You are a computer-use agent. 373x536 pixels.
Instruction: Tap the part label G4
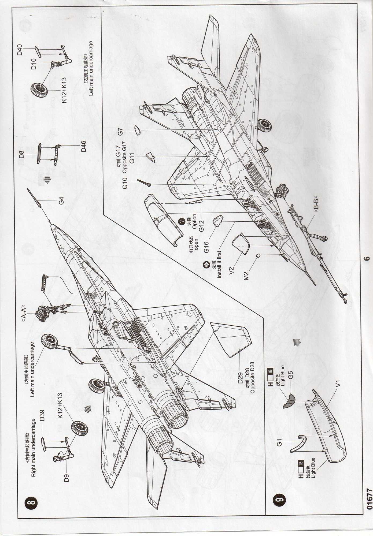click(61, 201)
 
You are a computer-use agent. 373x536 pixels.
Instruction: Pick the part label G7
click(120, 132)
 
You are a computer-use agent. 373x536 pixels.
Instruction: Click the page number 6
click(367, 258)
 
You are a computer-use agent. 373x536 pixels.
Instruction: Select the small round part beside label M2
click(258, 256)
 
